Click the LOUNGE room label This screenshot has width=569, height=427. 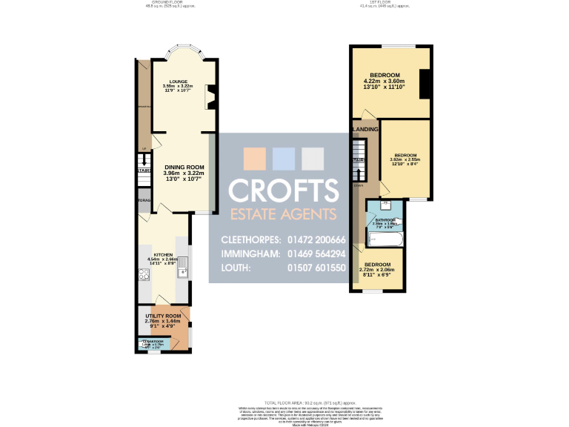[x=177, y=81]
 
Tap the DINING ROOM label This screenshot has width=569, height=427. [x=184, y=168]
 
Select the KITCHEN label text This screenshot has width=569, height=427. [x=163, y=254]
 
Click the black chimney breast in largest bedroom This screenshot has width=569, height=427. [x=425, y=84]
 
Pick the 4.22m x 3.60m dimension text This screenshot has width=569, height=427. [x=385, y=81]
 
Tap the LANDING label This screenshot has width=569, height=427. [x=366, y=130]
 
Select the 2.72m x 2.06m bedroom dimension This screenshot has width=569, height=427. [x=377, y=270]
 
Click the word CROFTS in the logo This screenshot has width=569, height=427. [x=284, y=190]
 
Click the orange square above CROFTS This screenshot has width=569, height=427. [x=255, y=159]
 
